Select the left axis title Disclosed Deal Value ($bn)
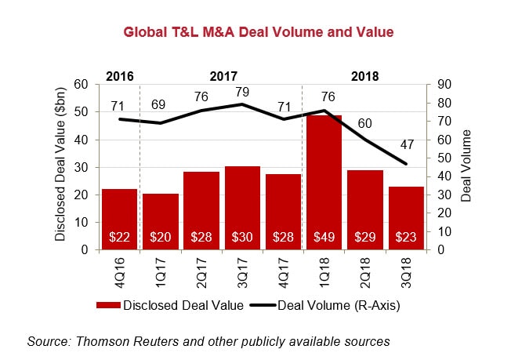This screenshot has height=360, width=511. (60, 166)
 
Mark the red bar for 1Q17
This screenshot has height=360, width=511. (160, 221)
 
